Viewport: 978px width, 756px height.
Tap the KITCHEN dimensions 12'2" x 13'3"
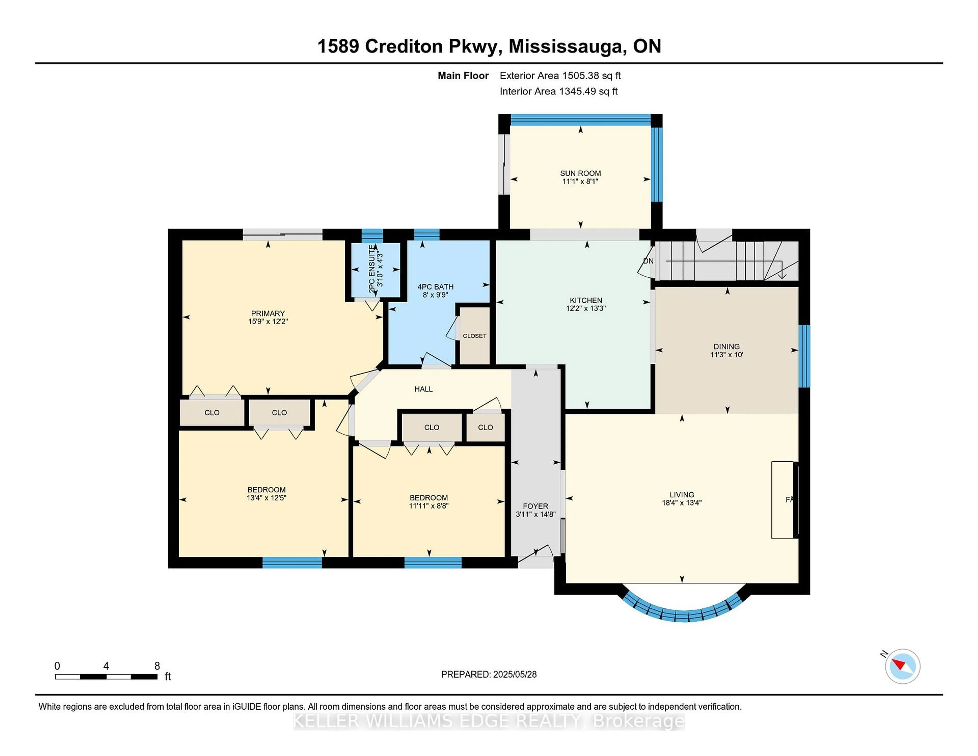click(x=586, y=308)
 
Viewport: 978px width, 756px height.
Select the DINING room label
click(x=726, y=347)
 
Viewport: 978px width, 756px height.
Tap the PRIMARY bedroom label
click(x=268, y=314)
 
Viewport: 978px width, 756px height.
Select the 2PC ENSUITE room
click(x=375, y=269)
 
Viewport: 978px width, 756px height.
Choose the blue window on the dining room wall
click(x=804, y=356)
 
